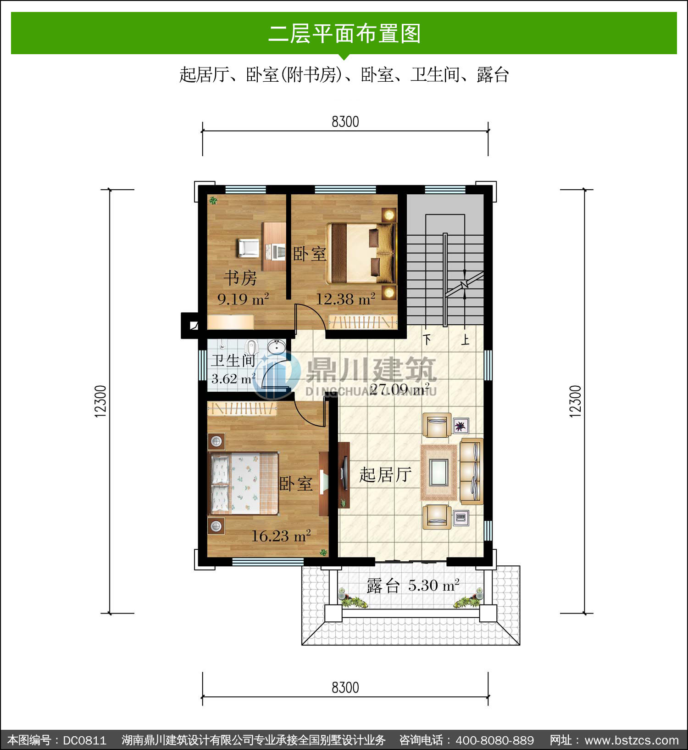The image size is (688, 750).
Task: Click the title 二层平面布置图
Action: point(344,34)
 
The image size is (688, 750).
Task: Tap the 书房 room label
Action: point(240,278)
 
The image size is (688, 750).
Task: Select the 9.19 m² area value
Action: point(243,299)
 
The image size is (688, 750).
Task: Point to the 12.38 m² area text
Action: point(345,299)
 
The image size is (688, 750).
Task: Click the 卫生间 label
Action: point(233,361)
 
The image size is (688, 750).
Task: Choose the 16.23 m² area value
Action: point(281,536)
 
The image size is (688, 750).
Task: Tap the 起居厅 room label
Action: point(385,475)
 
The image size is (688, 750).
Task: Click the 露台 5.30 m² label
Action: point(413,586)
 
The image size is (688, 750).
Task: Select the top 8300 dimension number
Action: point(345,122)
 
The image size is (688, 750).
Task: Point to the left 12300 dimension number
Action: point(101,401)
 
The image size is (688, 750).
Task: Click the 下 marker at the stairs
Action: point(427,340)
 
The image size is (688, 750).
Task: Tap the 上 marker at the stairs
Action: point(465,340)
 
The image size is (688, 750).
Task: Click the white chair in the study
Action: point(248,248)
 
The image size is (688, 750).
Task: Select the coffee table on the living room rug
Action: point(439,473)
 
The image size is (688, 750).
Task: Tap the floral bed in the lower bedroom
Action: point(244,483)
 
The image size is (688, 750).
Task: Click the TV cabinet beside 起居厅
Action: point(344,475)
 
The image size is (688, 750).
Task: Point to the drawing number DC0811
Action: point(84,740)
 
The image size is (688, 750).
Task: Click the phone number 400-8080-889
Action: point(495,740)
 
